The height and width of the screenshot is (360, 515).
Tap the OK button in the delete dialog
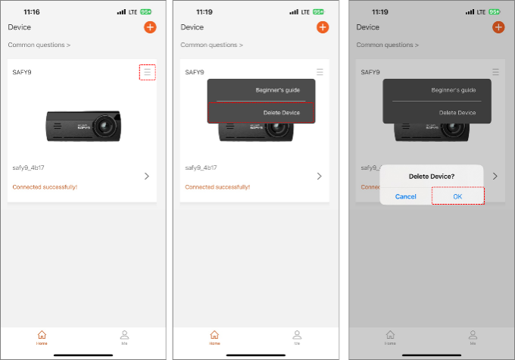pos(457,196)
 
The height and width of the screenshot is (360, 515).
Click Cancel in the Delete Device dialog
pos(406,196)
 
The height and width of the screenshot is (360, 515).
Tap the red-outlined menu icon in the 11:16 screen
pos(147,72)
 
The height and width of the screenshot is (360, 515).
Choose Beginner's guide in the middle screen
pos(277,90)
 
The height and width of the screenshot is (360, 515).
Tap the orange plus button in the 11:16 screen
pos(150,27)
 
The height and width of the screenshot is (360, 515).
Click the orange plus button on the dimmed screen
pos(498,27)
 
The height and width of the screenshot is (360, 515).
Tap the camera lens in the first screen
pos(105,126)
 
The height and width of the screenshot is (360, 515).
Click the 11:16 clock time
pos(32,12)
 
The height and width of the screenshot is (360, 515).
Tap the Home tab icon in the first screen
pos(42,335)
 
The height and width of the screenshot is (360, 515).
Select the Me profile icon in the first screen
pos(124,335)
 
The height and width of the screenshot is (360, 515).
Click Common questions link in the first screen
pos(39,45)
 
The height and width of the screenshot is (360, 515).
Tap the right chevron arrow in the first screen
pos(147,177)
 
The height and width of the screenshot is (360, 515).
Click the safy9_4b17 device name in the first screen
pos(28,167)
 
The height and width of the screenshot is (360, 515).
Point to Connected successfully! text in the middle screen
pos(217,187)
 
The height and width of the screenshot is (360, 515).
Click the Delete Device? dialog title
pos(432,177)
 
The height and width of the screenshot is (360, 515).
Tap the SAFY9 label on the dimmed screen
pos(370,72)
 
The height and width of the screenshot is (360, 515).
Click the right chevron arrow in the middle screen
pos(320,177)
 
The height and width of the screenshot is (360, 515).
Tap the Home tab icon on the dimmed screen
pos(390,335)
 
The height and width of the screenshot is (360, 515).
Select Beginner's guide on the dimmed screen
pos(453,90)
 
